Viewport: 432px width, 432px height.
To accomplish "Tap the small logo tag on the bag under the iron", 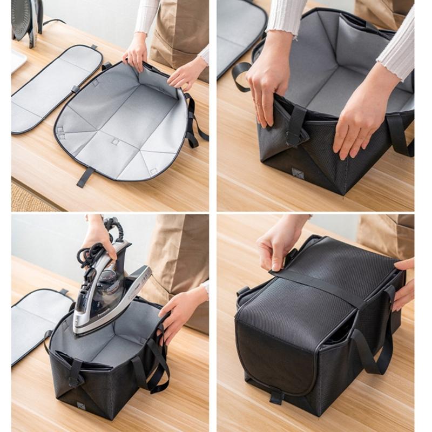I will (80, 405).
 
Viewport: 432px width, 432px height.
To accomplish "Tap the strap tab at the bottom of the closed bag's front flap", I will (276, 397).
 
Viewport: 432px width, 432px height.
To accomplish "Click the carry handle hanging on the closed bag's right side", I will (373, 346).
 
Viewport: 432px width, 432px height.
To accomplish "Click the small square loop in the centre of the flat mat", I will (115, 142).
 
